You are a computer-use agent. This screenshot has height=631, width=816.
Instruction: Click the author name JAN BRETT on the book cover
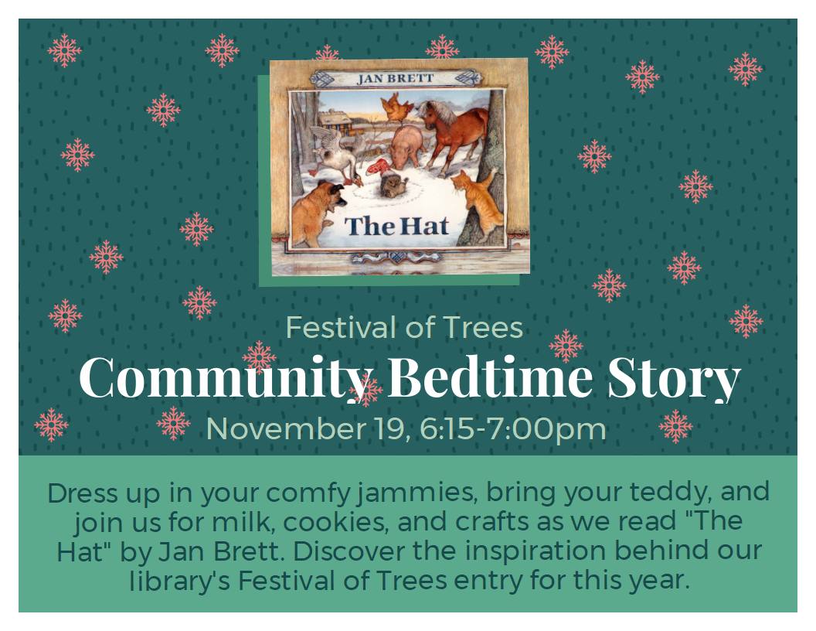tap(394, 78)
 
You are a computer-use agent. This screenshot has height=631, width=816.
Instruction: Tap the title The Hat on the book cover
tap(397, 226)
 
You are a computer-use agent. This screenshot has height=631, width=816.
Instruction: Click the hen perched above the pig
tap(397, 107)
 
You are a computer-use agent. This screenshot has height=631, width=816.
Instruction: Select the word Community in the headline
tap(223, 378)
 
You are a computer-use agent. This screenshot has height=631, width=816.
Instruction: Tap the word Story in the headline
tap(673, 378)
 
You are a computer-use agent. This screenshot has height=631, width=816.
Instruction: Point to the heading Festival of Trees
tap(405, 328)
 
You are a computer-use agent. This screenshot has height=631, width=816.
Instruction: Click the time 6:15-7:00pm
tap(513, 428)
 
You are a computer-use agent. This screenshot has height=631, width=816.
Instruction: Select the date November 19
tap(308, 428)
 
